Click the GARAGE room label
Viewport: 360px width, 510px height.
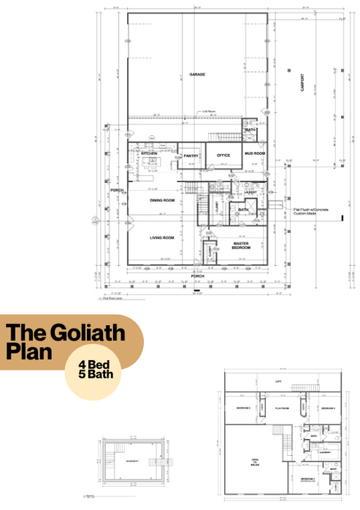pos(196,75)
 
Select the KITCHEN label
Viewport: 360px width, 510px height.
pos(149,153)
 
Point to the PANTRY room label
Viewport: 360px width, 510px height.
pos(191,156)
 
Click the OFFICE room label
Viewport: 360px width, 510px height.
pos(223,156)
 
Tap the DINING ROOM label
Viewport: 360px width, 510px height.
pos(162,200)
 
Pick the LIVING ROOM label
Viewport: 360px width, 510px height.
pos(161,237)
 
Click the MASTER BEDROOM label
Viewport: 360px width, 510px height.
pos(242,246)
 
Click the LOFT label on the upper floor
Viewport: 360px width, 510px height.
pos(277,381)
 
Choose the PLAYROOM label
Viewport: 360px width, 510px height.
pos(282,408)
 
